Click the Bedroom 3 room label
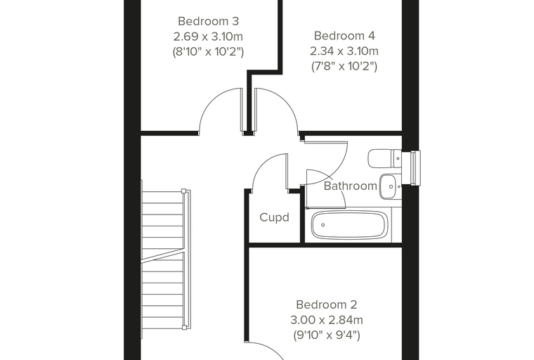click(x=208, y=21)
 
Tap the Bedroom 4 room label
click(x=344, y=35)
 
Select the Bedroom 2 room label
click(x=326, y=304)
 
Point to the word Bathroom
click(x=351, y=186)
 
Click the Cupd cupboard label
click(x=274, y=217)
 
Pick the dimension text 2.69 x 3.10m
click(x=208, y=36)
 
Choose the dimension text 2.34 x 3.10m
click(x=344, y=51)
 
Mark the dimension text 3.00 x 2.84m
click(x=326, y=320)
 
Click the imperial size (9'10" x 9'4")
click(x=326, y=335)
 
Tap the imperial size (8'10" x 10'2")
click(x=208, y=51)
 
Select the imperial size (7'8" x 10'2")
click(x=344, y=66)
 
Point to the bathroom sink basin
click(x=390, y=186)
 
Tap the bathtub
click(x=349, y=225)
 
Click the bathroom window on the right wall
click(x=412, y=168)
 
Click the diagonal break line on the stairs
click(x=163, y=256)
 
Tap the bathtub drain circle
click(x=323, y=225)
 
